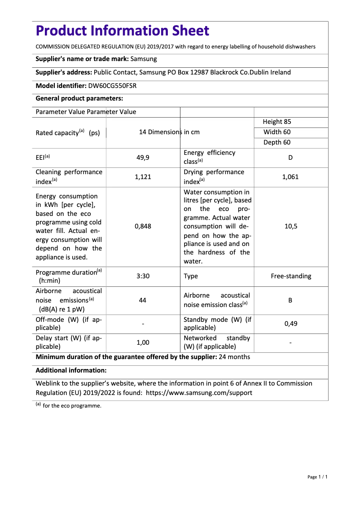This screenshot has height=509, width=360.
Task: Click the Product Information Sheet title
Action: point(122,31)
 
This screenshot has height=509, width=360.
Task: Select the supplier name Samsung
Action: point(144,59)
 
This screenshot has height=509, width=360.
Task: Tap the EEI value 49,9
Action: point(143,158)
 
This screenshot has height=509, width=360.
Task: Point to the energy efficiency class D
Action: point(290,158)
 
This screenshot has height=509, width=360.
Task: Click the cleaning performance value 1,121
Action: point(143,177)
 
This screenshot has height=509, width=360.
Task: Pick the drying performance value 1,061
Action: point(290,177)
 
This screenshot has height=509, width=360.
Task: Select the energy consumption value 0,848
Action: point(143,227)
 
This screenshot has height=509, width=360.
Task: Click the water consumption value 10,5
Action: point(290,227)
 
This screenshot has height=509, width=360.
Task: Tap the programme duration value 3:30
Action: point(143,276)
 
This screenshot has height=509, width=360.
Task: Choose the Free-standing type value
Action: point(290,276)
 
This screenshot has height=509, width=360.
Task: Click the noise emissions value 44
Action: point(143,300)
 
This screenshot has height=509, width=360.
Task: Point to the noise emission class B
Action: point(290,300)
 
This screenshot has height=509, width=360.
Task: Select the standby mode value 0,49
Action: point(290,324)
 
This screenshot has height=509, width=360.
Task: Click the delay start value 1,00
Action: point(143,342)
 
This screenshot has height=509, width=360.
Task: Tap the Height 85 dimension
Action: point(277,122)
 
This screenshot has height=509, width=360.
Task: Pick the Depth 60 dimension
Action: point(277,142)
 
